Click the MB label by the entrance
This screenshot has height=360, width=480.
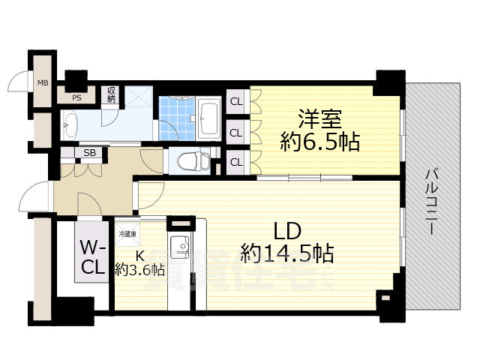tap(43, 82)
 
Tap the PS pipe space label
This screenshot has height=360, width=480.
tap(76, 97)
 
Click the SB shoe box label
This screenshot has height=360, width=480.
tap(89, 153)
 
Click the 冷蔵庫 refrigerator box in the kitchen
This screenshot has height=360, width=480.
tap(126, 233)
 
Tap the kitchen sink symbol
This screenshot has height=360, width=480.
tap(179, 245)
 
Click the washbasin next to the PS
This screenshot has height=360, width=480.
tap(69, 124)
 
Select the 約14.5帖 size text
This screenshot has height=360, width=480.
tap(286, 254)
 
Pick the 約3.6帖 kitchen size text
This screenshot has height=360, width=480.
tap(139, 269)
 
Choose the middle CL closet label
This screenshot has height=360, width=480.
tap(235, 132)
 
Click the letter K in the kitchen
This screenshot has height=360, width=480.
tap(139, 254)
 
